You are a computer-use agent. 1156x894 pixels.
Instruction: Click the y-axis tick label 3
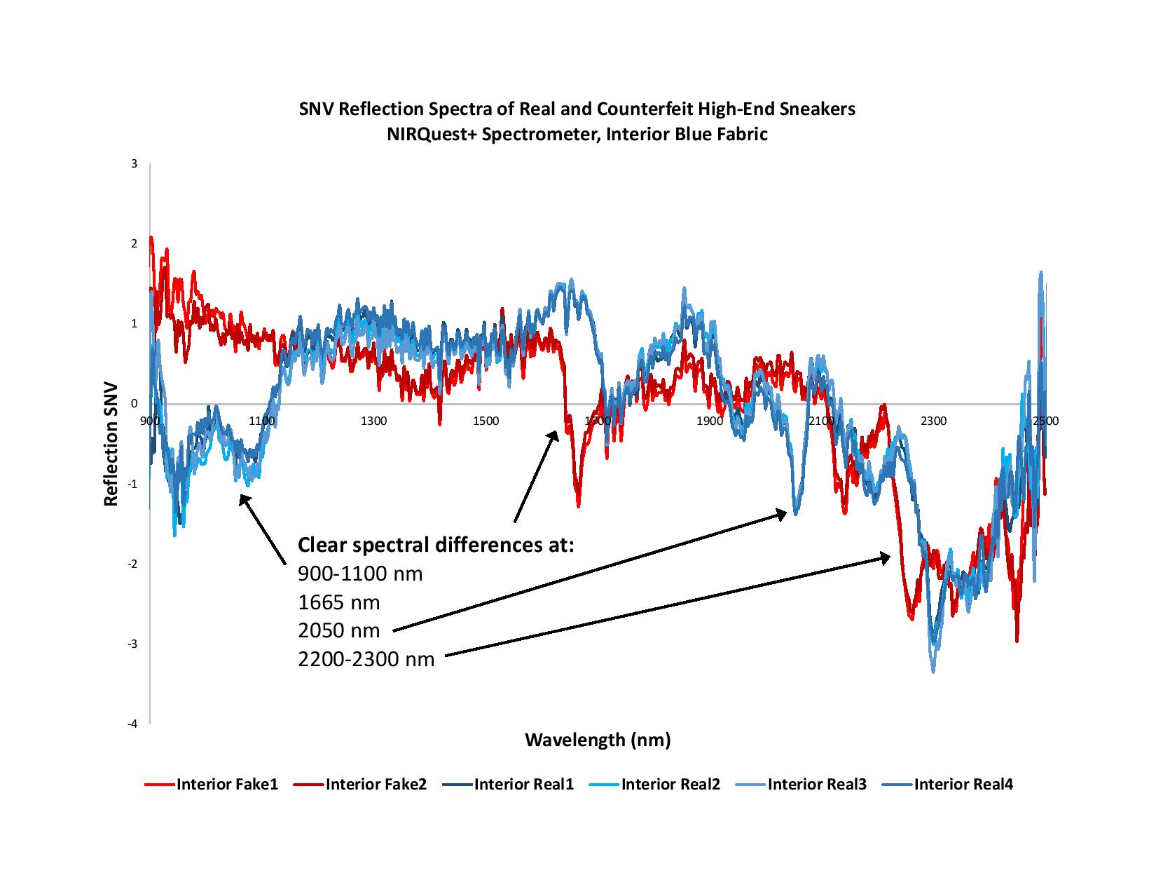[134, 164]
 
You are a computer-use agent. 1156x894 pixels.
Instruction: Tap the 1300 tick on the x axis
[373, 421]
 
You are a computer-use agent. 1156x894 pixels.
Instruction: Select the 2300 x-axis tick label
[933, 421]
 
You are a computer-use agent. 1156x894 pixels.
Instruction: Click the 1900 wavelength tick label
[710, 421]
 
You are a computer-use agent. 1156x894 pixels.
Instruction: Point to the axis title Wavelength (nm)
[598, 740]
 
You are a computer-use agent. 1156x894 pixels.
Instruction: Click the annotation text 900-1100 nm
[360, 574]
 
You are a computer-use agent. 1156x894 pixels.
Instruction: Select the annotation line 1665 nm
[338, 602]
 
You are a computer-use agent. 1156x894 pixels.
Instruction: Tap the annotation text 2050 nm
[338, 630]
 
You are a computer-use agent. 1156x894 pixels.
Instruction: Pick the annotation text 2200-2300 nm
[366, 659]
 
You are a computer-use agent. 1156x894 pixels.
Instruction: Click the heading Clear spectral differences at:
[436, 545]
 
